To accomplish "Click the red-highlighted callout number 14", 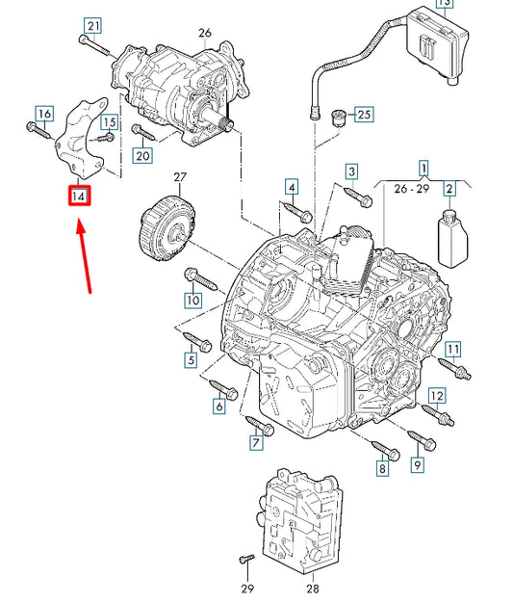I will [x=79, y=197].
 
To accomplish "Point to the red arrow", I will [x=85, y=256].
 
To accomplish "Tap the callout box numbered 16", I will [x=42, y=115].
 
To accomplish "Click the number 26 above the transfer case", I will [x=204, y=33].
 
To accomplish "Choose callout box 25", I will [x=362, y=116].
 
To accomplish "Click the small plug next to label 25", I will [x=338, y=118].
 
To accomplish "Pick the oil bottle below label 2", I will [x=451, y=236].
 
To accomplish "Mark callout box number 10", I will [x=192, y=300].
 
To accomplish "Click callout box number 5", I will [x=190, y=361].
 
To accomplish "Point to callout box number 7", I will [x=256, y=443].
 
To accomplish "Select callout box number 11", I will [x=452, y=348].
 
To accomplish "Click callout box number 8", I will [x=381, y=468].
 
